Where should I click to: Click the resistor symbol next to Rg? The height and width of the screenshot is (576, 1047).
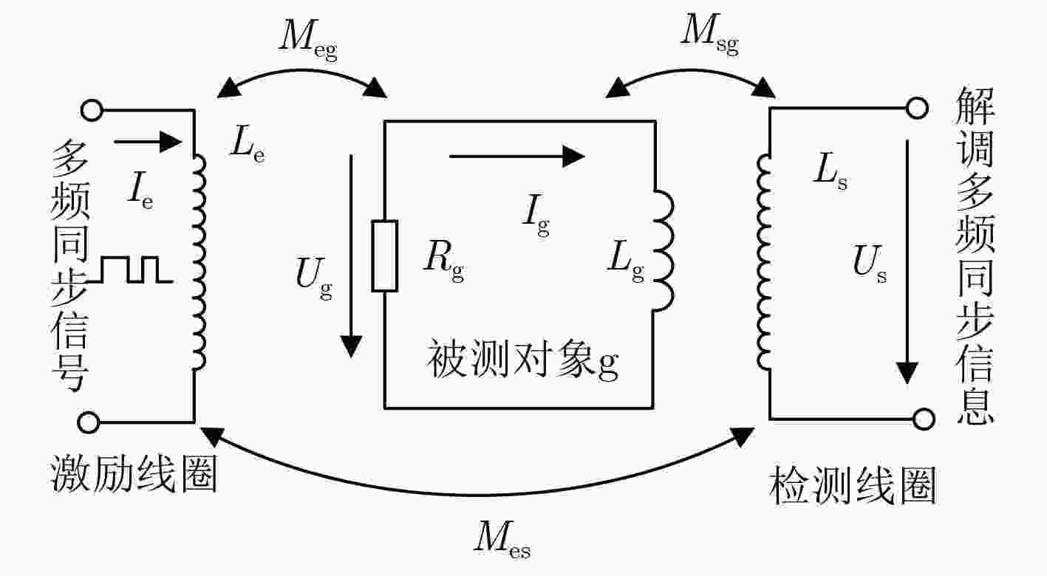(x=385, y=256)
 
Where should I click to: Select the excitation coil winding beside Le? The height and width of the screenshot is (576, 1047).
(x=199, y=262)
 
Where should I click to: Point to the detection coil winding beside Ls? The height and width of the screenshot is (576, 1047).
(x=764, y=262)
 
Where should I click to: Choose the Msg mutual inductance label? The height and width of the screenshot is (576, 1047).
(x=709, y=35)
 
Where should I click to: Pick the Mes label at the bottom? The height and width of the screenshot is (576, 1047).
(x=502, y=540)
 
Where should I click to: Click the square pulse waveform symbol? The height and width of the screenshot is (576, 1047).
(x=130, y=270)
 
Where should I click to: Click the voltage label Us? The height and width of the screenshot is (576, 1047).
(x=869, y=264)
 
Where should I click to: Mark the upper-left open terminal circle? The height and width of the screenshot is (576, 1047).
(x=91, y=111)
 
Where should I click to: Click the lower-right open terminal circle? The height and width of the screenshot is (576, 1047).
(x=923, y=419)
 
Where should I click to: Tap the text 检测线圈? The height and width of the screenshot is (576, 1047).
(x=853, y=484)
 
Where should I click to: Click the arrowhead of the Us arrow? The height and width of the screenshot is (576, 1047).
(x=907, y=373)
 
